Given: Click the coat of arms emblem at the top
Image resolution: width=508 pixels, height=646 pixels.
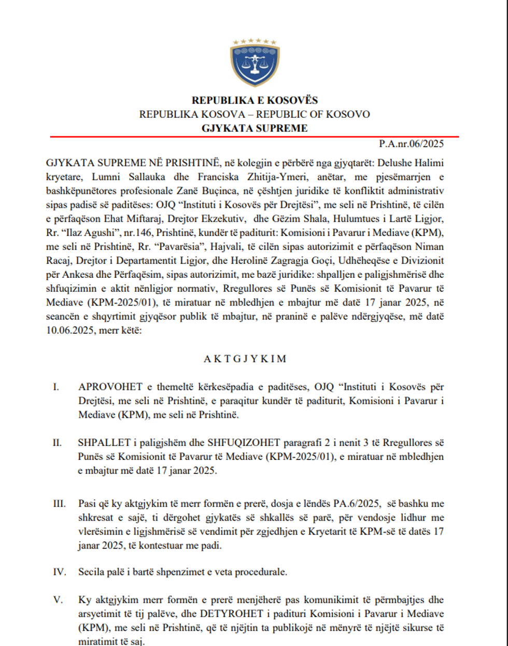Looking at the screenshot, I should [x=255, y=63].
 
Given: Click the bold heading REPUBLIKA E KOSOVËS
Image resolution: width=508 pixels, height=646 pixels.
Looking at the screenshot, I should [x=255, y=101].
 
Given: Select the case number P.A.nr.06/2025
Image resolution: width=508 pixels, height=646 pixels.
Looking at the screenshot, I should [x=411, y=144].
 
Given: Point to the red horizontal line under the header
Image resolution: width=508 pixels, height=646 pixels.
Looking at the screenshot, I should [x=255, y=136].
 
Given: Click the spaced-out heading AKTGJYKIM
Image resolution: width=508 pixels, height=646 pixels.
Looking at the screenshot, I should [x=245, y=359].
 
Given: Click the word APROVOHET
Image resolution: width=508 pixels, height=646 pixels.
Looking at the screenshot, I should [x=110, y=387].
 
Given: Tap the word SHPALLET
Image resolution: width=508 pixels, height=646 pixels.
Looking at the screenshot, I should [x=104, y=443].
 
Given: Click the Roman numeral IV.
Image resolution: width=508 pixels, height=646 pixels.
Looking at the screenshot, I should [x=59, y=572].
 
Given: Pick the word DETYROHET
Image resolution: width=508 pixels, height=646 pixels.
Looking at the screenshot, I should [x=232, y=614].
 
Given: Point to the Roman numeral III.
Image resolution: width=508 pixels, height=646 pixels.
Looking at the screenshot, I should [x=59, y=503].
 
